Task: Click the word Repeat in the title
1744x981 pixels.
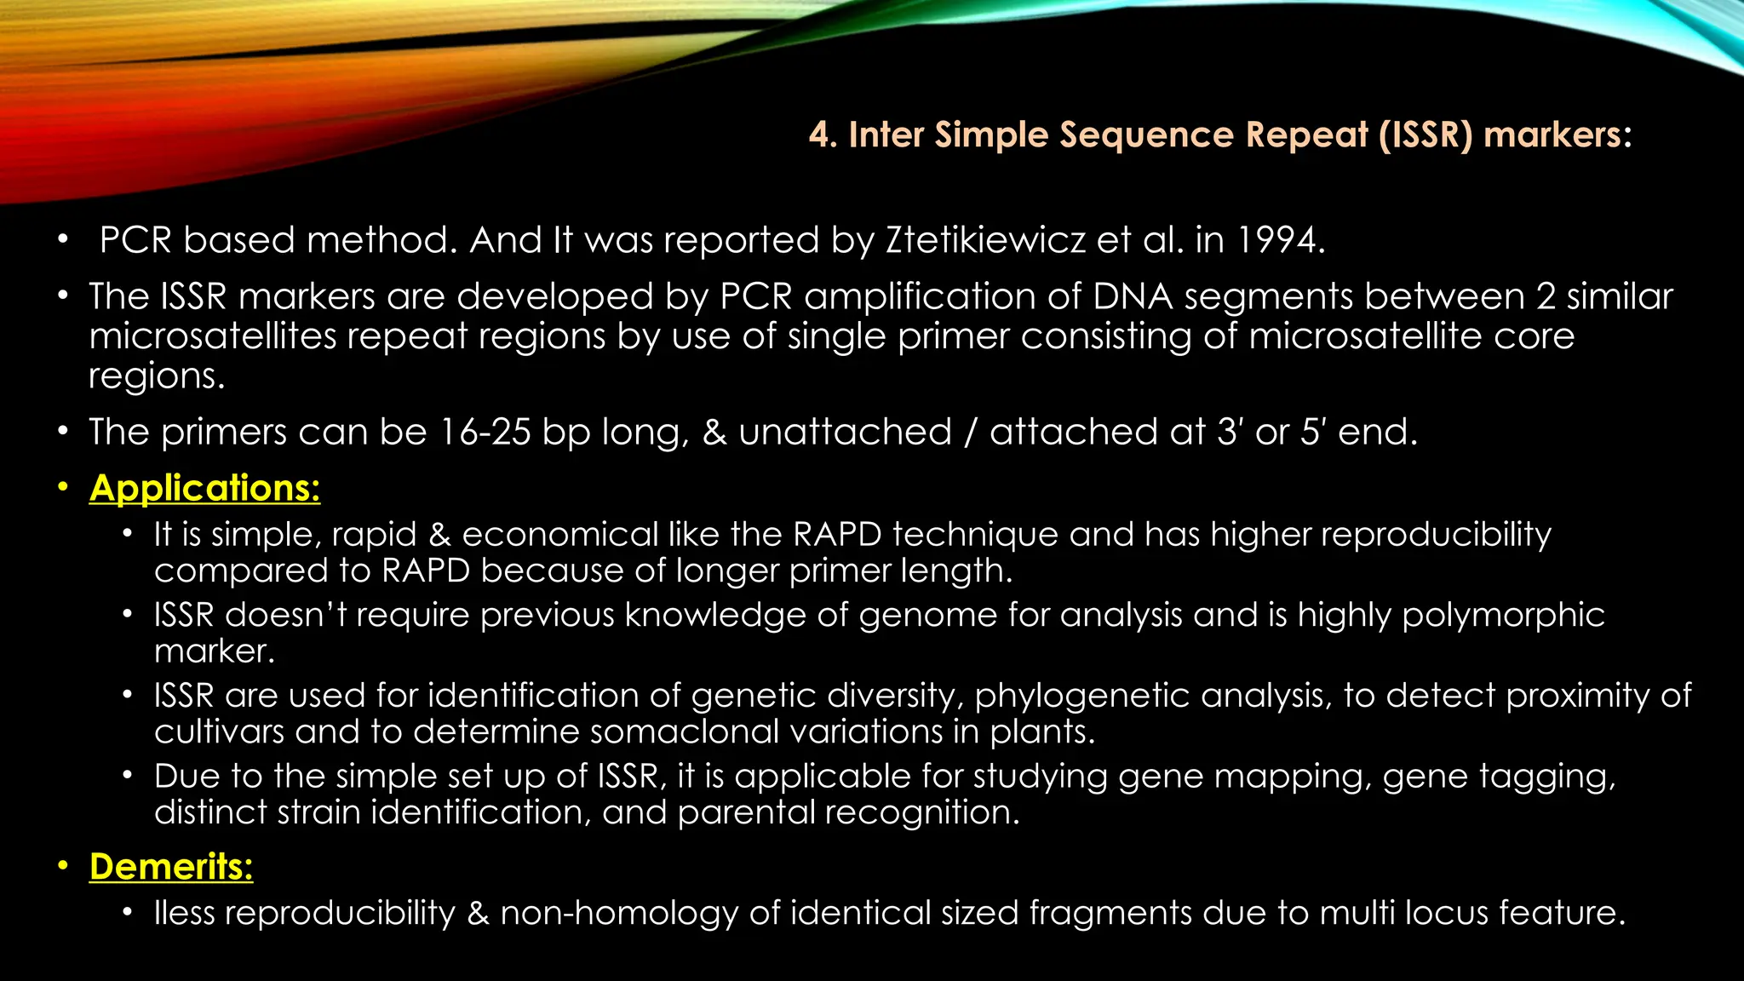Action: click(x=1306, y=135)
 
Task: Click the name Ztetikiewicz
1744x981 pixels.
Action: click(x=985, y=241)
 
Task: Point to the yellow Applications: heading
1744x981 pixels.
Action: click(x=204, y=489)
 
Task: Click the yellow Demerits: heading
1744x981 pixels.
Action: click(x=171, y=867)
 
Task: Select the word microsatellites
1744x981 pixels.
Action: click(x=213, y=336)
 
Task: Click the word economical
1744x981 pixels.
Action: click(x=559, y=535)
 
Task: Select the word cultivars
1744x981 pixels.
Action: click(x=218, y=732)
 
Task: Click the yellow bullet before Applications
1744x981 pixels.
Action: click(x=62, y=488)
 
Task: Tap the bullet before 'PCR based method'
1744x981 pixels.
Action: click(x=62, y=241)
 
